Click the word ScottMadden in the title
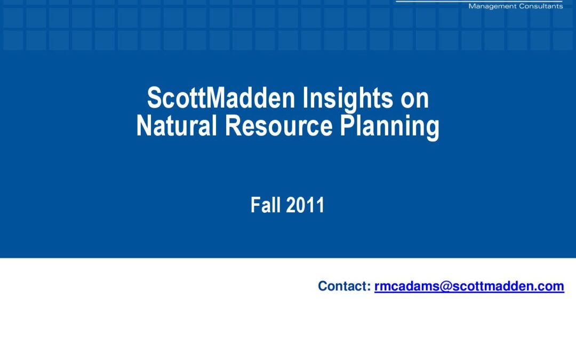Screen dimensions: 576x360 click(221, 98)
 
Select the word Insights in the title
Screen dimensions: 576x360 click(348, 100)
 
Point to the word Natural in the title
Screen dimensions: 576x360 click(177, 125)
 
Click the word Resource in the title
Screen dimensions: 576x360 click(279, 125)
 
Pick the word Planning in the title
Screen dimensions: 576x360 click(389, 127)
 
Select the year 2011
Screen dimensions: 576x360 click(305, 205)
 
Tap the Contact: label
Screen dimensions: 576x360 click(345, 286)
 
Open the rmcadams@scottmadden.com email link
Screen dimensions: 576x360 click(469, 286)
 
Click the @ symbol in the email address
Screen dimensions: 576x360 click(445, 286)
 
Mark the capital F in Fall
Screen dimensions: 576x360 click(255, 205)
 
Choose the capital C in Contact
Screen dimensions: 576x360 click(323, 286)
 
